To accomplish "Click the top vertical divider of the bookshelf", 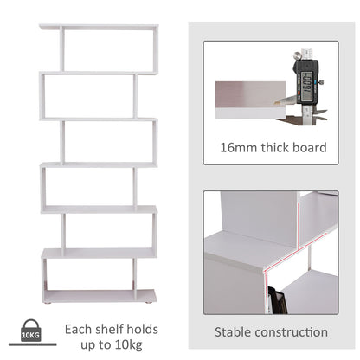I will coord(62,48).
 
